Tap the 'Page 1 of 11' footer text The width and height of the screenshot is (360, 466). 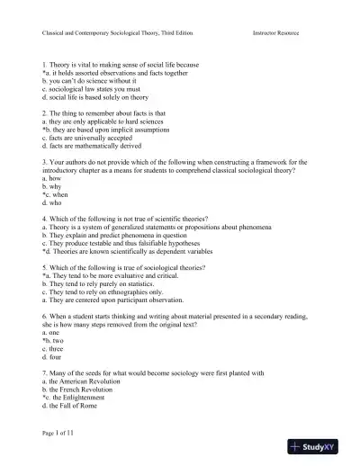coord(64,434)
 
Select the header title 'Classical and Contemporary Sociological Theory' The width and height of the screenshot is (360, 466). coord(117,33)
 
